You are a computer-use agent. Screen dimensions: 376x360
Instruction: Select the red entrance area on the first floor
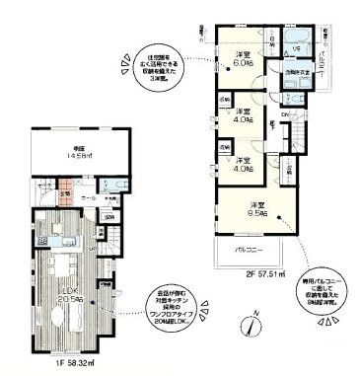64,194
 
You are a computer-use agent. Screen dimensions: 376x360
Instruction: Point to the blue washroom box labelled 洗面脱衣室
296,71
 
